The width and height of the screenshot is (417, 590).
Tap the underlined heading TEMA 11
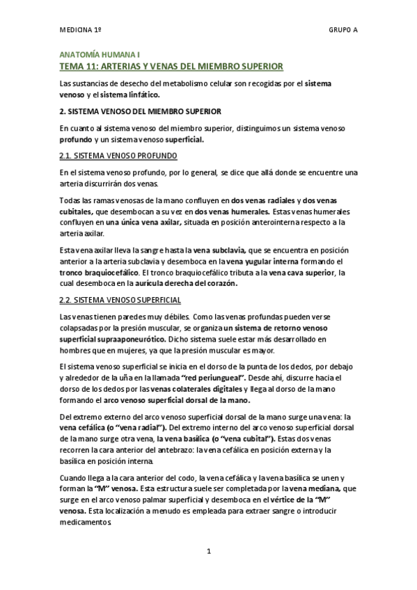tap(171, 66)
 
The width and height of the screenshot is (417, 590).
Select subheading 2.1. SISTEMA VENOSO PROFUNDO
tap(118, 155)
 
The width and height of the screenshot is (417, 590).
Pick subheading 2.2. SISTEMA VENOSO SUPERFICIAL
tap(120, 300)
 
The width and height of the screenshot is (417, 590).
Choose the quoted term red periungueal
tap(218, 376)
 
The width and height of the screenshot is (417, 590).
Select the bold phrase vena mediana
tap(306, 490)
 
